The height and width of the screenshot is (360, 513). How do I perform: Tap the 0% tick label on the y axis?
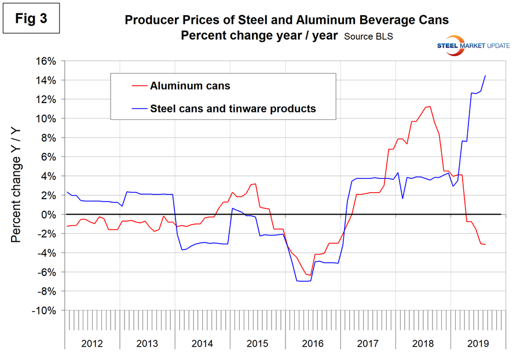pos(50,215)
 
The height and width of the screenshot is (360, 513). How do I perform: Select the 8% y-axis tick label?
pos(50,138)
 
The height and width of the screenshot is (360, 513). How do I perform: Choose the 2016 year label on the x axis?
pos(313,344)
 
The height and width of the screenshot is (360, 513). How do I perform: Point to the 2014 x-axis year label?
pos(202,344)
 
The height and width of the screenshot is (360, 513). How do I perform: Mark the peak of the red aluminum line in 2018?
pos(430,106)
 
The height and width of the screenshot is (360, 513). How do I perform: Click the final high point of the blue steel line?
pos(485,76)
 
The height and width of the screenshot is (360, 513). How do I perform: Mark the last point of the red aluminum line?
pos(485,245)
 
